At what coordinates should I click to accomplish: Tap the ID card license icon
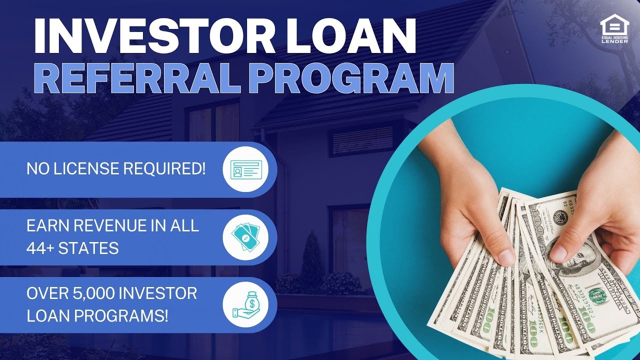[x=245, y=169]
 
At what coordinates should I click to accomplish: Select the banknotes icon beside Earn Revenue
[x=245, y=237]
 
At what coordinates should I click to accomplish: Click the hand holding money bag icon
[x=245, y=304]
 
